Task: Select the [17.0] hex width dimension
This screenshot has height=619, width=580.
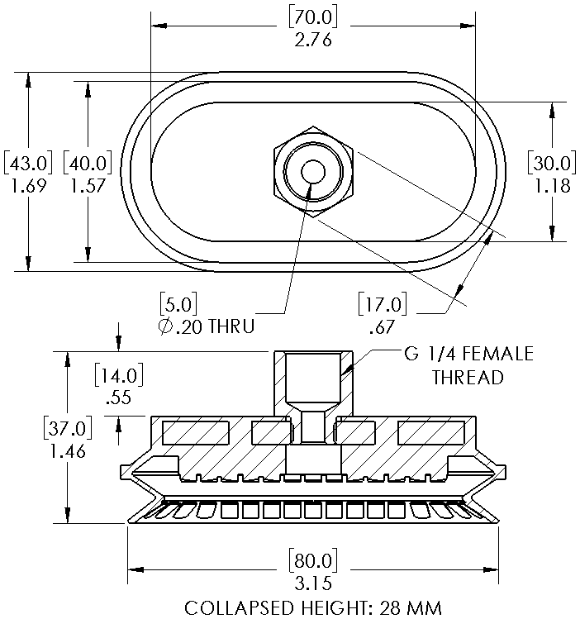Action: coord(383,306)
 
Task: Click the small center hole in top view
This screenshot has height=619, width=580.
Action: coord(313,171)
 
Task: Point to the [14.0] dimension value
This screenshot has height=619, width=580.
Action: coord(119,375)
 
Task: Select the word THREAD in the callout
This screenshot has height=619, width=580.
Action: coord(468,378)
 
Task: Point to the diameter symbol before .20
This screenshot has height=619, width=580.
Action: coord(164,326)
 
